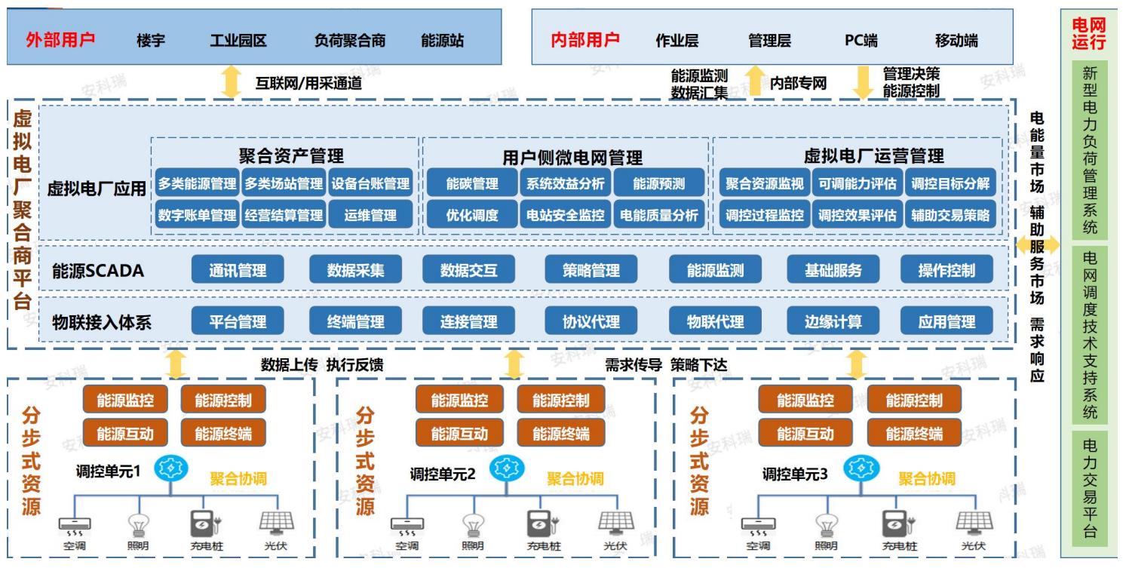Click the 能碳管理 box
[x=472, y=183]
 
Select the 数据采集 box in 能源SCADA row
[x=355, y=270]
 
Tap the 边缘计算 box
[x=833, y=321]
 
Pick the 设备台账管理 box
[x=370, y=183]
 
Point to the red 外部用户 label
[x=60, y=40]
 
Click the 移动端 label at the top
[x=956, y=41]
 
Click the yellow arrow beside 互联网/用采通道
[x=230, y=81]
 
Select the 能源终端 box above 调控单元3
[x=914, y=434]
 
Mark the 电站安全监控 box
[x=566, y=214]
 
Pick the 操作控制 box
[x=946, y=270]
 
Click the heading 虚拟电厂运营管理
[x=873, y=156]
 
